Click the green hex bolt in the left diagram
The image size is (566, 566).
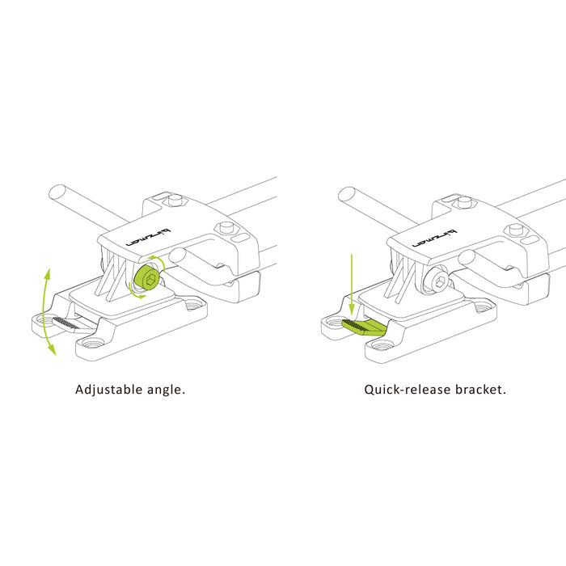[x=146, y=277]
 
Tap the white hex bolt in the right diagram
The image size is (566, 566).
[x=437, y=279]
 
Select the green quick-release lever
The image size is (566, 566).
[x=364, y=327]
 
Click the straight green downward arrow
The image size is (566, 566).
[x=352, y=285]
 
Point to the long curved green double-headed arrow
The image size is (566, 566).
[x=44, y=311]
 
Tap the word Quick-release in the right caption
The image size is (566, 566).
[x=408, y=390]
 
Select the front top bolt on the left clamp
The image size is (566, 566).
[x=226, y=228]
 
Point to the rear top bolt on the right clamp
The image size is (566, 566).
[x=465, y=201]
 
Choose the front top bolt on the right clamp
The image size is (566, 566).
[x=516, y=230]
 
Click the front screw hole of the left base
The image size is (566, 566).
[x=92, y=344]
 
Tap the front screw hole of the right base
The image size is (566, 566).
[x=382, y=346]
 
